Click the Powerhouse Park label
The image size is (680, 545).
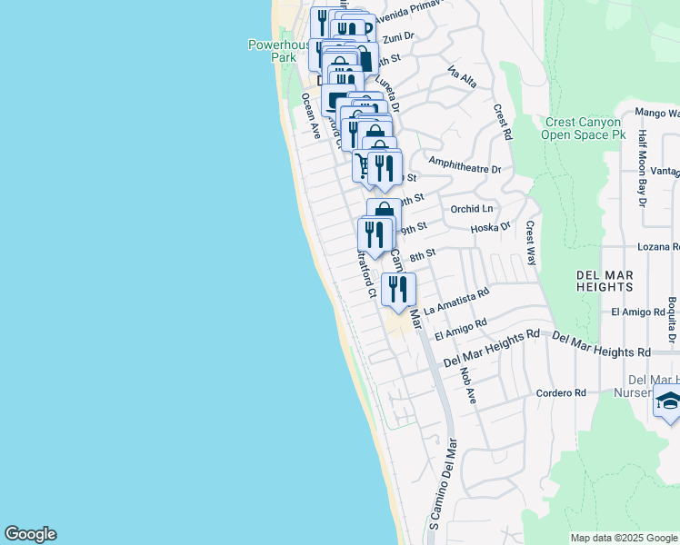click(x=277, y=50)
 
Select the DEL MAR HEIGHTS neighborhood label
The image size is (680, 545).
click(x=605, y=280)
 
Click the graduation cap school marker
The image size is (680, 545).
click(x=668, y=401)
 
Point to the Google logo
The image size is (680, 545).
click(x=30, y=534)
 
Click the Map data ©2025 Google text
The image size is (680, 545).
click(x=624, y=538)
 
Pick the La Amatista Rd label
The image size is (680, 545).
click(x=456, y=300)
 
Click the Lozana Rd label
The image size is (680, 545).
click(x=659, y=247)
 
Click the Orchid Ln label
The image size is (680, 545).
click(x=471, y=208)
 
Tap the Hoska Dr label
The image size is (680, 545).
click(x=492, y=228)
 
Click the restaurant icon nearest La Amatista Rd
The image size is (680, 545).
click(x=398, y=290)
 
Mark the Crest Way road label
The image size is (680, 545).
click(x=531, y=242)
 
